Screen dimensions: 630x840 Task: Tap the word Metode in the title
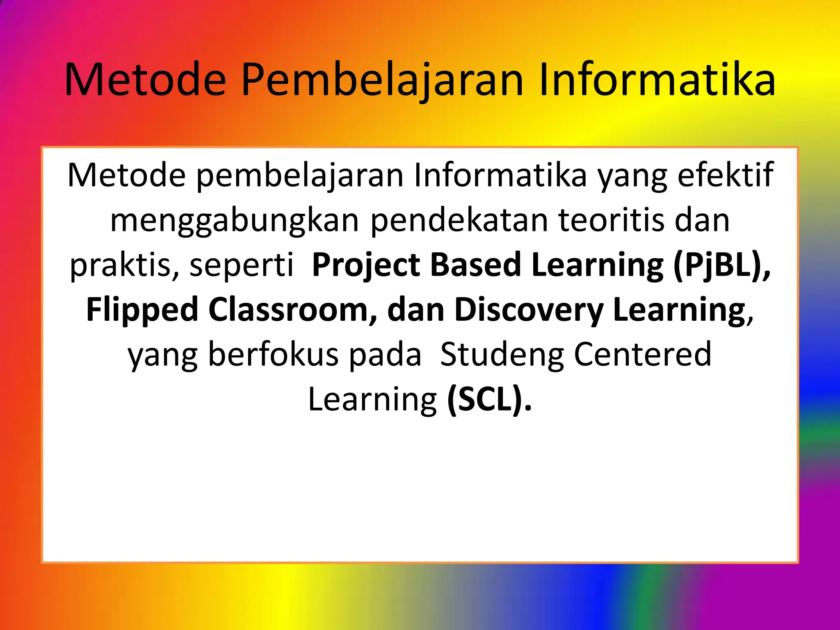146,80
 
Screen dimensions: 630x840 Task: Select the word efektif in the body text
725,176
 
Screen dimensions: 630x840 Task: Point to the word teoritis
611,221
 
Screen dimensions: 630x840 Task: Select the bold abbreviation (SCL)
489,399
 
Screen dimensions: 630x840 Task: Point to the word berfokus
273,354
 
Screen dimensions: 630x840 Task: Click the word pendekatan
459,221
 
